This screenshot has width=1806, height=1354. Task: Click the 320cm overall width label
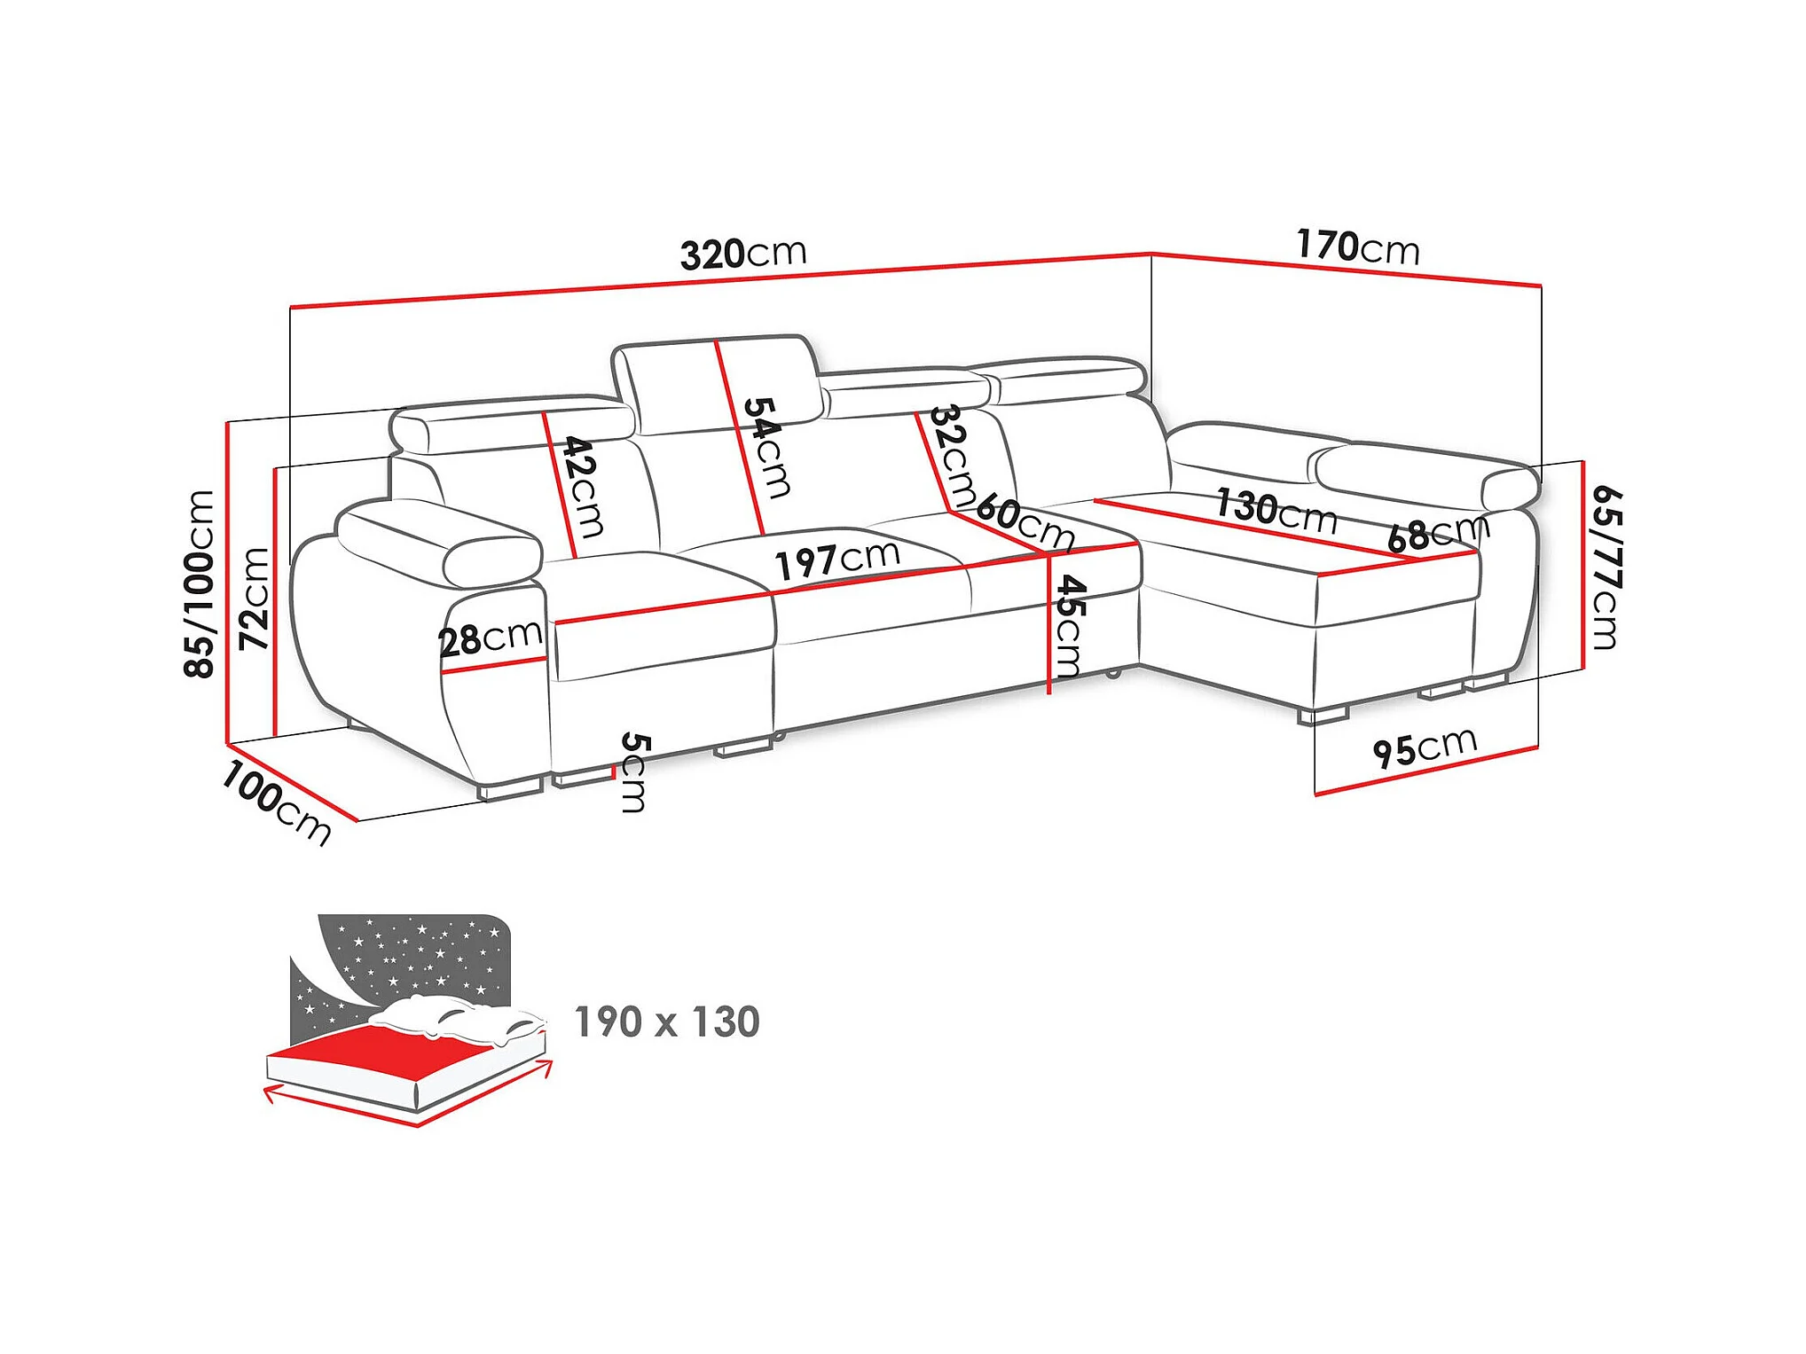743,254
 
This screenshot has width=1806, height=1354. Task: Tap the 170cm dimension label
1357,247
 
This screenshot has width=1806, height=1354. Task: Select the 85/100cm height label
200,584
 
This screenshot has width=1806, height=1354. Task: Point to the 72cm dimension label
255,599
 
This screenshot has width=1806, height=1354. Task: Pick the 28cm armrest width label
491,638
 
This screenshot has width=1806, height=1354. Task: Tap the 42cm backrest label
584,487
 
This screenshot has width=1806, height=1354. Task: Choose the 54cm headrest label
766,447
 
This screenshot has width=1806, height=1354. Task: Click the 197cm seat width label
837,560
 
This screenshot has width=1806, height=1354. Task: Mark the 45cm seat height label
1069,626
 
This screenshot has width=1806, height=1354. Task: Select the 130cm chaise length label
1276,511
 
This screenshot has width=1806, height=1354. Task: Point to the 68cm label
1437,533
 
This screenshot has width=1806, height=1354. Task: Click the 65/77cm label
1606,567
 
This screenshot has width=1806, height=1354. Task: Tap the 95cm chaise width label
1425,747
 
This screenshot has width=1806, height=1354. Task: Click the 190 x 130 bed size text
667,1022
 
